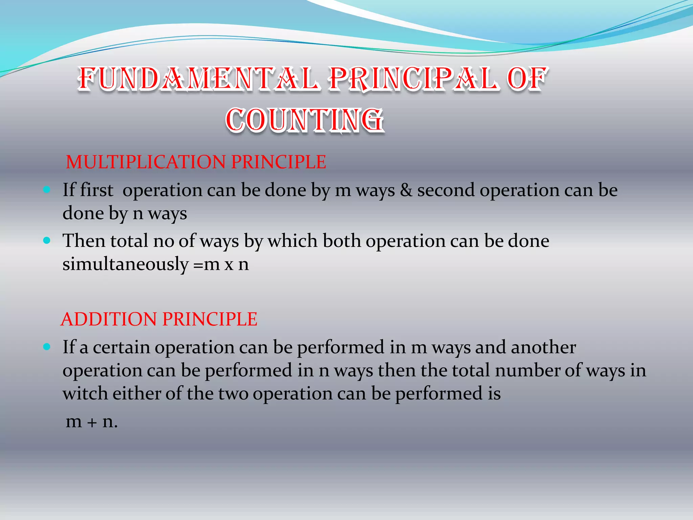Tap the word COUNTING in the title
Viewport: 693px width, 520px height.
[x=305, y=120]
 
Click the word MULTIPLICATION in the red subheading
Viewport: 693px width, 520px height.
[x=146, y=162]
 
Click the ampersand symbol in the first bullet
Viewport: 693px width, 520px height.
[x=406, y=190]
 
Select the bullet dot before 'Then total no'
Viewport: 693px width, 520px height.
[x=47, y=241]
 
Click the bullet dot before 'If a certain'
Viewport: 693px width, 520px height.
[x=47, y=347]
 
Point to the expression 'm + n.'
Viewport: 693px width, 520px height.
[x=92, y=422]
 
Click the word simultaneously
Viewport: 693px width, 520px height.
[x=125, y=264]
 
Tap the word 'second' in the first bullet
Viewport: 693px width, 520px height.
[x=446, y=190]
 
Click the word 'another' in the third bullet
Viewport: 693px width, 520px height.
[x=543, y=347]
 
